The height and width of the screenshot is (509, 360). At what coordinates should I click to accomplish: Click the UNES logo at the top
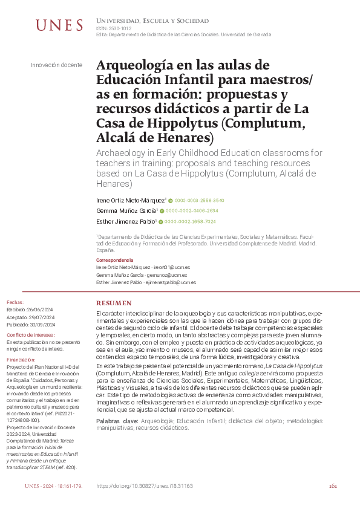60,25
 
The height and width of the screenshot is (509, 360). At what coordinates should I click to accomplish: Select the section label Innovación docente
56,64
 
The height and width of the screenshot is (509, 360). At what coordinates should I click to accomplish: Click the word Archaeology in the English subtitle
123,154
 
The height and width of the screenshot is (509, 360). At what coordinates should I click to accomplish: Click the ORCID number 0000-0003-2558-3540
200,200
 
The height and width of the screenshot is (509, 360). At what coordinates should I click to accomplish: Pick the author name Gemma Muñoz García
126,211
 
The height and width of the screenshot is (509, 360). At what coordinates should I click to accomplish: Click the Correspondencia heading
115,260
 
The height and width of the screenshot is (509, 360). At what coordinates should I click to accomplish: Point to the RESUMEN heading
114,302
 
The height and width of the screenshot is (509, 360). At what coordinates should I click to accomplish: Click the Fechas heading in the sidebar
15,302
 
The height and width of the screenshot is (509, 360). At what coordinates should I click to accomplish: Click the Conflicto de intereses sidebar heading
30,334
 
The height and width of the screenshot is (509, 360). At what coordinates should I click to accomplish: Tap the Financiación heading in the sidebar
21,359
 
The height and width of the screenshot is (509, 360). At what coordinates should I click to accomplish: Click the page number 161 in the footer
333,485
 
